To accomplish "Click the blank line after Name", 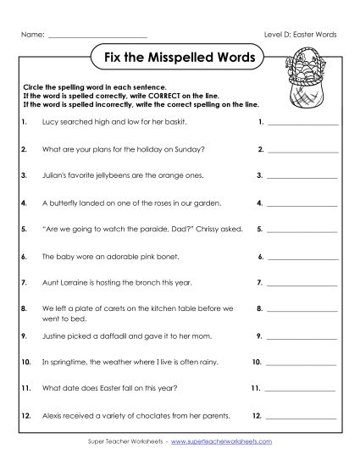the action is tap(98, 35).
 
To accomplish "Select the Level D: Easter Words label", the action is tap(302, 35).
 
